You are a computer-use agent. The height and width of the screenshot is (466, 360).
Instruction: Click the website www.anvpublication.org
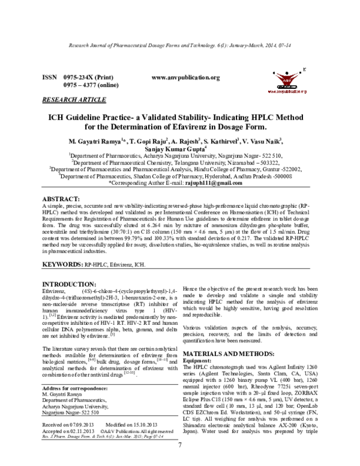[186, 77]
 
